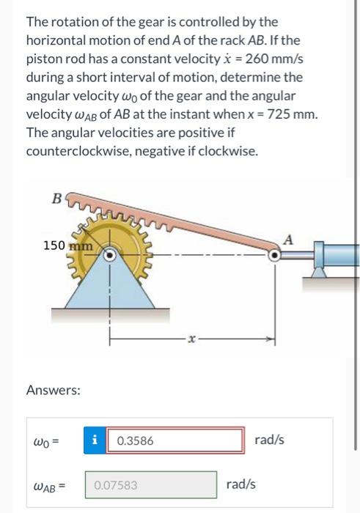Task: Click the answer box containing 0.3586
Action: (x=178, y=441)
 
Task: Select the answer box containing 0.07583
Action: (x=154, y=484)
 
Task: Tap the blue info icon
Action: (x=95, y=441)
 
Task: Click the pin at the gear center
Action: (x=111, y=256)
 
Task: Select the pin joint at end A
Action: (x=275, y=256)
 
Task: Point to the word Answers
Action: (x=53, y=391)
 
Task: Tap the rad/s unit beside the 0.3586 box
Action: (x=269, y=440)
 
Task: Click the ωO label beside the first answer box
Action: (x=46, y=441)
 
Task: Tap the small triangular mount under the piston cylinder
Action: (x=320, y=272)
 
